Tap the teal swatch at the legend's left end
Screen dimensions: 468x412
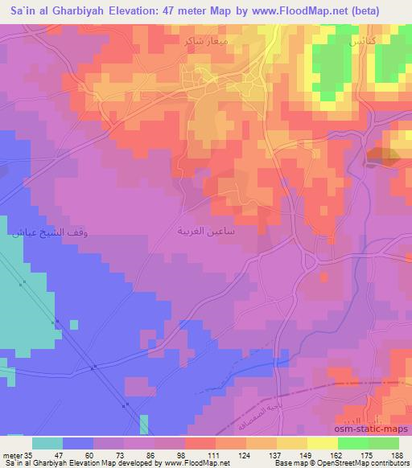47,443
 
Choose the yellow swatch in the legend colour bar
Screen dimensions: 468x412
323,443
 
